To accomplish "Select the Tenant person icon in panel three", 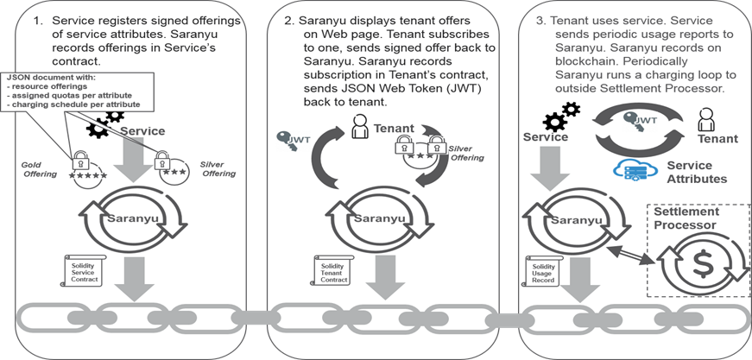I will click(707, 117).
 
